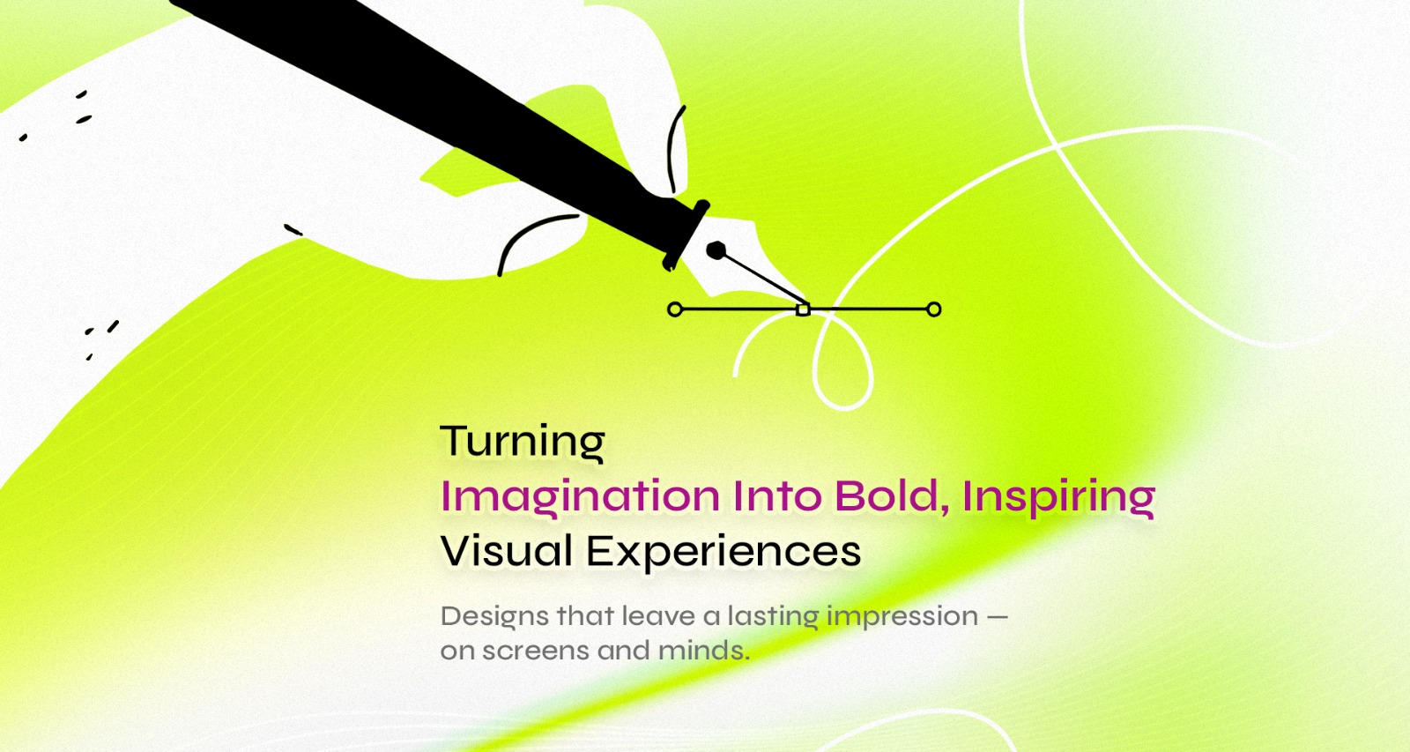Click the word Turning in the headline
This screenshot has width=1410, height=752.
pyautogui.click(x=523, y=443)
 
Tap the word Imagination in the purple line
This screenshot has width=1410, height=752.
pyautogui.click(x=580, y=497)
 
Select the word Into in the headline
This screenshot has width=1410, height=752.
pyautogui.click(x=777, y=496)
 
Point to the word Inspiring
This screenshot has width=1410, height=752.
pyautogui.click(x=1058, y=497)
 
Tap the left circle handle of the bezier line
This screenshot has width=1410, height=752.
pyautogui.click(x=675, y=309)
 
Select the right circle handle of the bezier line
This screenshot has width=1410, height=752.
pyautogui.click(x=934, y=309)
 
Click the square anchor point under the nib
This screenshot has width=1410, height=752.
pyautogui.click(x=803, y=309)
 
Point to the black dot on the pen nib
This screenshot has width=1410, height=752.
pyautogui.click(x=716, y=250)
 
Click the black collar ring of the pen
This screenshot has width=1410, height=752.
pyautogui.click(x=686, y=235)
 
